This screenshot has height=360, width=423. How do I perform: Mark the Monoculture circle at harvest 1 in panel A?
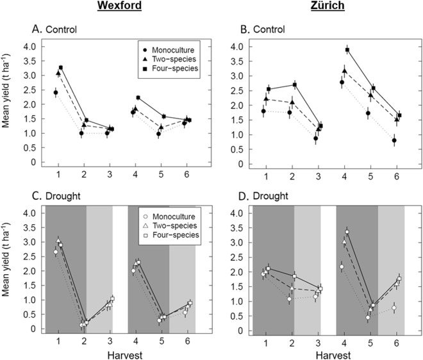click(56, 93)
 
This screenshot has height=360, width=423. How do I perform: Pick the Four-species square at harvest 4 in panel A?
click(138, 98)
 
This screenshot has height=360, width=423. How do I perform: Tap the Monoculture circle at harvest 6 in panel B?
click(394, 140)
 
